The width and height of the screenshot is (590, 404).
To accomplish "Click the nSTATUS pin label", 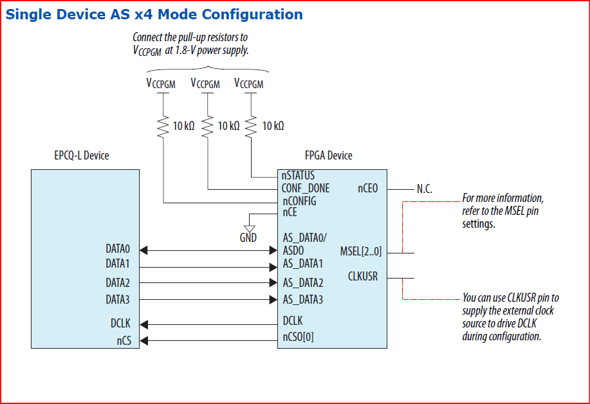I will (x=298, y=175).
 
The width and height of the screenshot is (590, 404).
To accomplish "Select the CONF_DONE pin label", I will (x=306, y=188).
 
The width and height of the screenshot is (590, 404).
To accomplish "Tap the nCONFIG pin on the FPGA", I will (x=299, y=201).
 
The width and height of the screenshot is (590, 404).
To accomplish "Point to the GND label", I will (x=248, y=237).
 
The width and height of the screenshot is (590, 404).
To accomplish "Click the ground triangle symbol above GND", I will (x=250, y=227).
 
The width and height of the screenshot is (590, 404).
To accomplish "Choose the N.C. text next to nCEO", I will (x=425, y=189).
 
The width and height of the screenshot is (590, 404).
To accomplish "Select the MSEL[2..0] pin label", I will (x=360, y=250).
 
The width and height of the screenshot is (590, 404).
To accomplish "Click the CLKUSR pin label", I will (x=362, y=277).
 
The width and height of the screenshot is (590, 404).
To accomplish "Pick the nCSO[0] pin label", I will (x=299, y=336).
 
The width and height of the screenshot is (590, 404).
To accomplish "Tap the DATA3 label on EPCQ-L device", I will (x=118, y=299).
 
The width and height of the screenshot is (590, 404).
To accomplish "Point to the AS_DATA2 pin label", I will (x=302, y=282).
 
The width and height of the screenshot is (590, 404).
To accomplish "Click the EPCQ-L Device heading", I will (x=82, y=156).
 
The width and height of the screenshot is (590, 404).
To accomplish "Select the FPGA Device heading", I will (x=329, y=156).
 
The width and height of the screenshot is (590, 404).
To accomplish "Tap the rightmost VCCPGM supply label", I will (x=249, y=84).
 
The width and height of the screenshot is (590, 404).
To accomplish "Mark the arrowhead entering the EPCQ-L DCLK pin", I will (x=144, y=324).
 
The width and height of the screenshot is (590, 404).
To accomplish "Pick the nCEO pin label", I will (x=367, y=188).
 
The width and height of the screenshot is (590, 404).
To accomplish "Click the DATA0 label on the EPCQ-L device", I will (x=118, y=248).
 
